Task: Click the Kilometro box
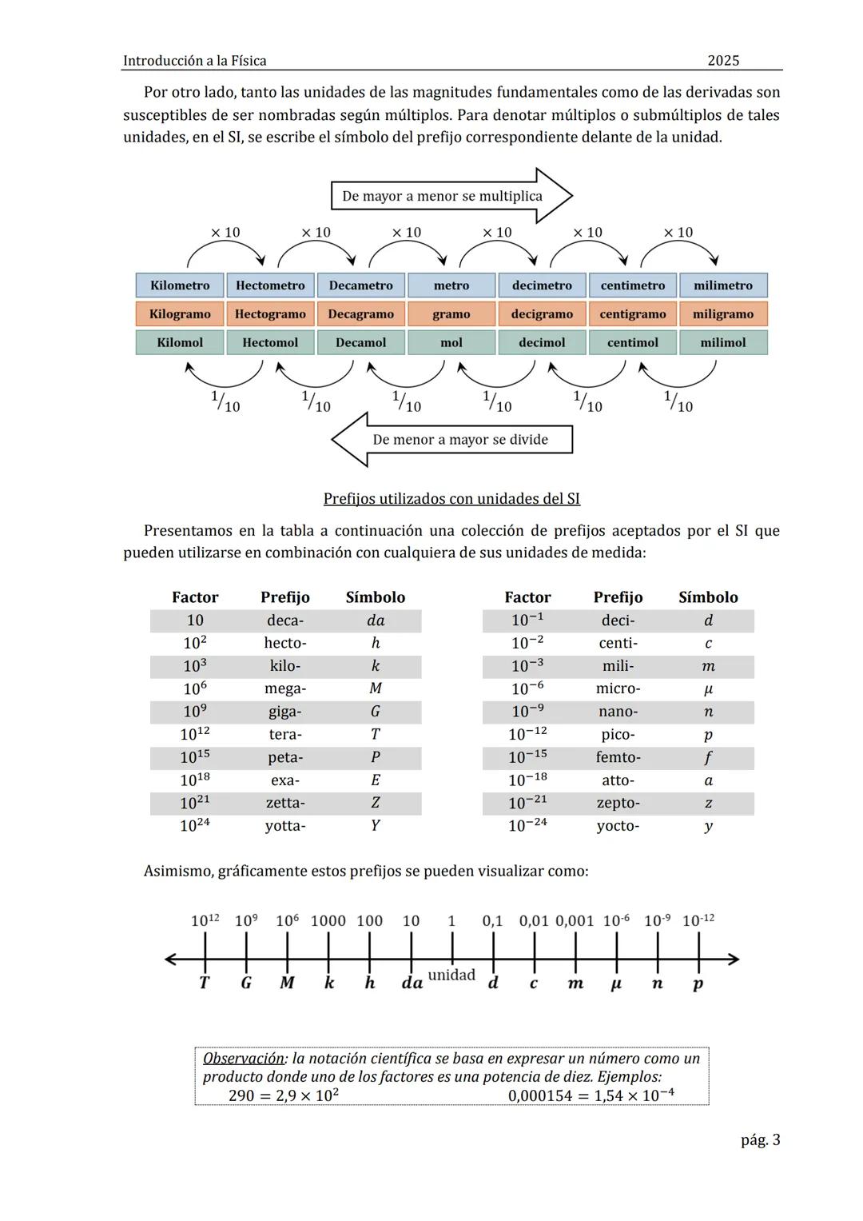pos(180,285)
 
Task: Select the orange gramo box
pos(451,314)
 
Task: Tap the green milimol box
pos(723,342)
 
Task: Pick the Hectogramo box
pos(270,314)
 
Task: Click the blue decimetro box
pos(542,285)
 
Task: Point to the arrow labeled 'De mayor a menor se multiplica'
pos(451,196)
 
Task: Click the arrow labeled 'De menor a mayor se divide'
pos(452,439)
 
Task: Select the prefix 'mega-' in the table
pos(285,688)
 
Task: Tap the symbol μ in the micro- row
pos(708,688)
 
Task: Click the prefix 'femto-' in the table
pos(618,757)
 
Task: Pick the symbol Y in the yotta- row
pos(375,825)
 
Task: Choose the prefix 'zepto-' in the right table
pos(618,803)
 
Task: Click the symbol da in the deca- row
pos(375,620)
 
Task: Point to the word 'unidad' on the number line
pos(451,975)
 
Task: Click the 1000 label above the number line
pos(328,920)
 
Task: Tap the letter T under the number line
pos(205,983)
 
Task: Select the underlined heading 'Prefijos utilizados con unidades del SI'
pos(451,499)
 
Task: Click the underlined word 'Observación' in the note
pos(244,1058)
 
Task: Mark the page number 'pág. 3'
pos(760,1139)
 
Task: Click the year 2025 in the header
pos(723,61)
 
